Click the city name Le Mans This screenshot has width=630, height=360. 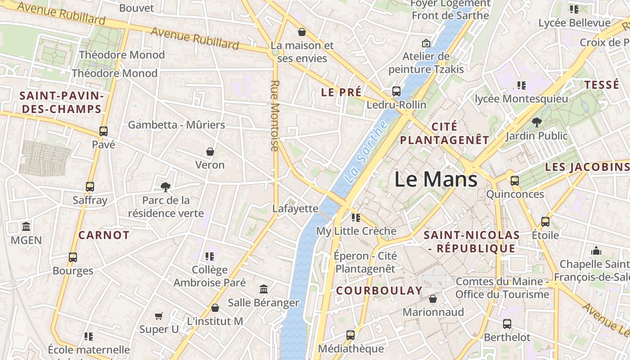[x=436, y=179]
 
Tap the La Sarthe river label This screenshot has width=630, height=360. [x=366, y=152]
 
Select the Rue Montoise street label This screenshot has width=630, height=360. [x=275, y=115]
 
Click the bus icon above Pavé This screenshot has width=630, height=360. [x=103, y=131]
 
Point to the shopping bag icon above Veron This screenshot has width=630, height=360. [x=210, y=152]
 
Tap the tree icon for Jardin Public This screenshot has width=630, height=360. [x=536, y=122]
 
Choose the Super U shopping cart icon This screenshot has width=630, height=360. [x=158, y=316]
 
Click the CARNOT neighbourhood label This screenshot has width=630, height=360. [x=104, y=235]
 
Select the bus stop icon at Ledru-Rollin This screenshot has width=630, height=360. [x=396, y=91]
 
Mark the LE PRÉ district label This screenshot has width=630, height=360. [x=341, y=92]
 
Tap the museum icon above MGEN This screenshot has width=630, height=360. [x=26, y=226]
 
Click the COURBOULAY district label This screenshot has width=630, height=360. [x=379, y=290]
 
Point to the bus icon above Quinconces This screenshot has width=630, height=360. [x=514, y=181]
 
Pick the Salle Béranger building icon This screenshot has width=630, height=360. [x=264, y=289]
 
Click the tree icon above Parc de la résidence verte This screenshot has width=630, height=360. [x=166, y=187]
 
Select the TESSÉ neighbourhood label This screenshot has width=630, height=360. [x=601, y=85]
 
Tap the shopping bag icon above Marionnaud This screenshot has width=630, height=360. [x=433, y=299]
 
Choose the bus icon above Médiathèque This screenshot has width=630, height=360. [x=351, y=335]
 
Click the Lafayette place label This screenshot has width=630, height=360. [x=295, y=208]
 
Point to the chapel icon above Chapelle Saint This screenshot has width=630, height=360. [x=596, y=250]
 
